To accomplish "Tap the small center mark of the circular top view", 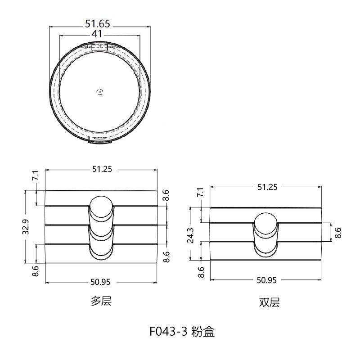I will tap(99, 92).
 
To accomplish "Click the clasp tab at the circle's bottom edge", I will tap(99, 141).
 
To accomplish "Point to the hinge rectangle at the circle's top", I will tap(99, 46).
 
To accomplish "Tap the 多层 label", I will tap(101, 301).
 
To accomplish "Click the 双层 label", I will tap(269, 302).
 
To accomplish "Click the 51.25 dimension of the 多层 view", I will tap(102, 170).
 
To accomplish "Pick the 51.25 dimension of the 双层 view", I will tap(267, 187).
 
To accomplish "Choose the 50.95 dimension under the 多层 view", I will tap(101, 282).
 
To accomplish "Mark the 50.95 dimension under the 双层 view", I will tap(266, 280).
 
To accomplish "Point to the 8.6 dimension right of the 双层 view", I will tap(338, 232).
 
